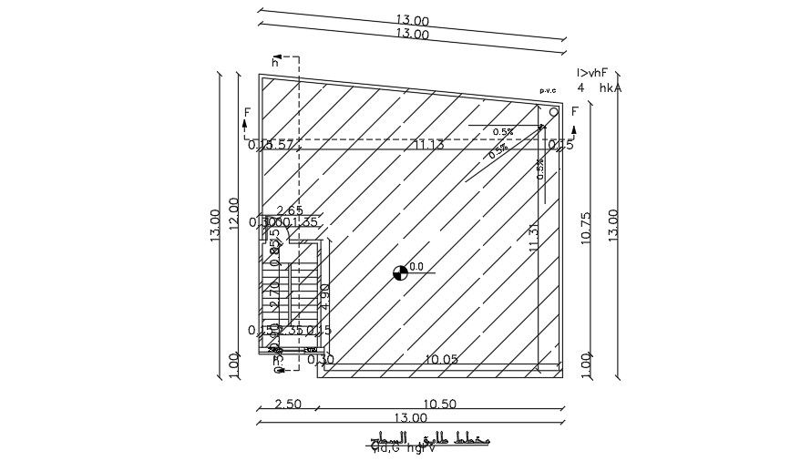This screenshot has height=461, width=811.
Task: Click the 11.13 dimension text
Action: point(428,145)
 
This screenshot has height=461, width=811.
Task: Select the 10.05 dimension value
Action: point(441,360)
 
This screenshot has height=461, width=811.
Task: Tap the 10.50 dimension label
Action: point(439,405)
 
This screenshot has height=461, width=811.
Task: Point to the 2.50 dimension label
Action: point(287,405)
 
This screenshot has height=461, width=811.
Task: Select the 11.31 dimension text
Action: point(534,237)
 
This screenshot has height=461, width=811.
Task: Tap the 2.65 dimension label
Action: point(290,211)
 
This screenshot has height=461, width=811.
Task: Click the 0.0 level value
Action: point(416,267)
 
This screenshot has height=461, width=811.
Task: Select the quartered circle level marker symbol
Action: point(399,271)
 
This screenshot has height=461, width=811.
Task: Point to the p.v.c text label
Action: point(548,90)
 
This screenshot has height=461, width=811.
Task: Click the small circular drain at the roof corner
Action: point(553,112)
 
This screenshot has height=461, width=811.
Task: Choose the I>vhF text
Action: point(591,73)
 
